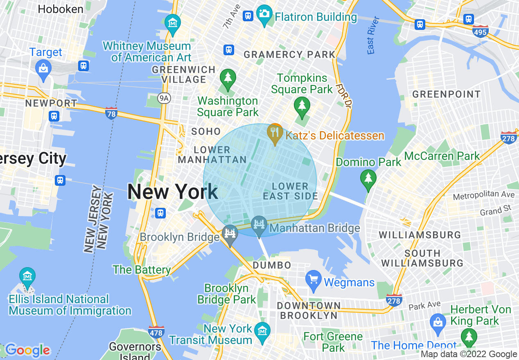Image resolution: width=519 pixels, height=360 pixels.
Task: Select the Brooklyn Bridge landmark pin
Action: coord(230,234)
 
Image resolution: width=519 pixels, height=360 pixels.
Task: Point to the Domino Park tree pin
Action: coord(368,179)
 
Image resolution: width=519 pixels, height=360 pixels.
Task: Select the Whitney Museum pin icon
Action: coord(173,23)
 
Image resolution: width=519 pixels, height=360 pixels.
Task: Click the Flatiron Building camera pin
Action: coord(264,14)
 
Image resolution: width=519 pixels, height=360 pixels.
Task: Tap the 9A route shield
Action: coord(164,98)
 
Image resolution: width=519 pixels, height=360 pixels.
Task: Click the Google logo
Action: coord(27,350)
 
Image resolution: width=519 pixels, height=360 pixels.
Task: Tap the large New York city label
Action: coord(172,192)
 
